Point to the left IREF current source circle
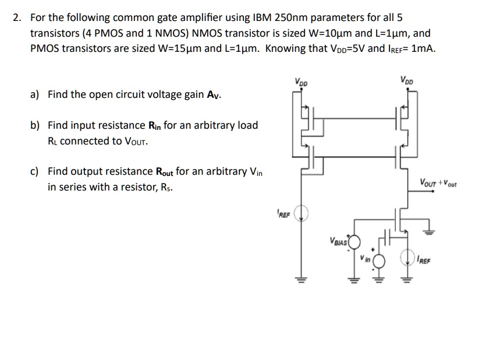pos(302,215)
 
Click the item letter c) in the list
pos(35,172)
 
